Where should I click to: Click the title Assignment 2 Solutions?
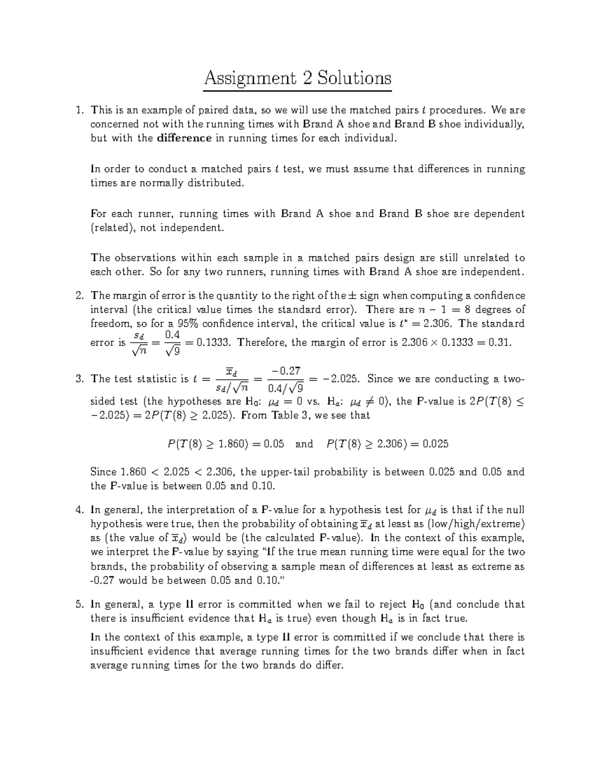[x=297, y=78]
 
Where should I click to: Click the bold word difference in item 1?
[x=184, y=138]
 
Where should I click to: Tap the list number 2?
[x=79, y=296]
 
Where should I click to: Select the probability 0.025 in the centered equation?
[x=435, y=444]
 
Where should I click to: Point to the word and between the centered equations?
[x=304, y=444]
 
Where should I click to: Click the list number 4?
[x=79, y=510]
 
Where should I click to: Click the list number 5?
[x=79, y=604]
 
